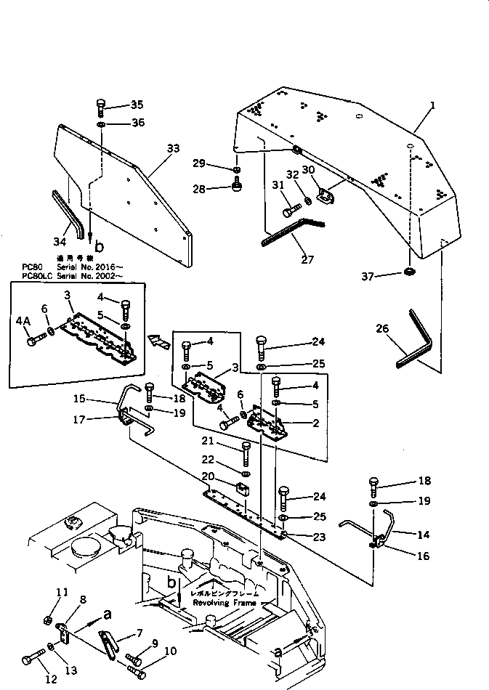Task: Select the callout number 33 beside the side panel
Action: [173, 148]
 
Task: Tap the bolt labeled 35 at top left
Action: [100, 110]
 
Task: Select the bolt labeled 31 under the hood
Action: [288, 211]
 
